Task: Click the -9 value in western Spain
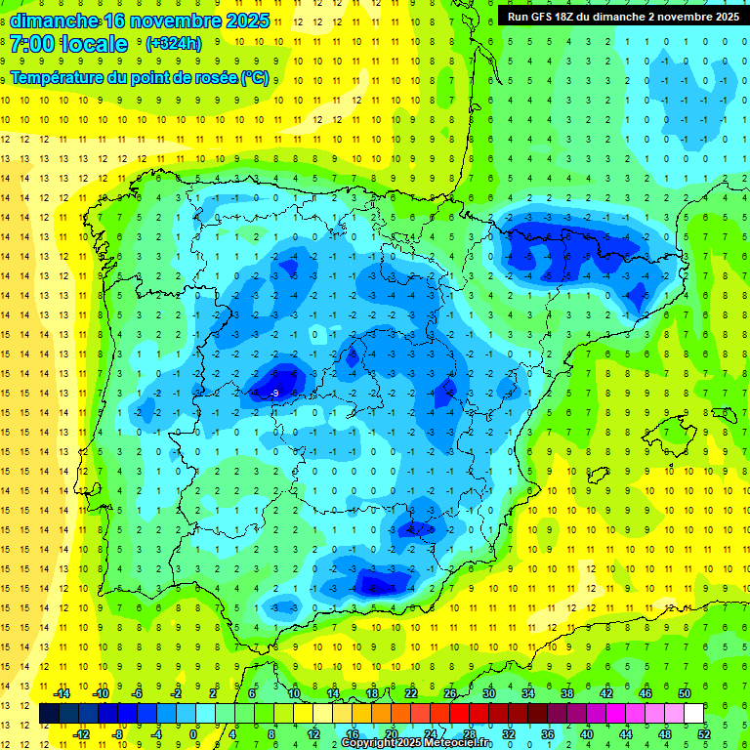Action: coord(275,394)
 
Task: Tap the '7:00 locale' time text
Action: coord(68,44)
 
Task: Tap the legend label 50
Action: coord(684,693)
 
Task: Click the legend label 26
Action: coord(450,693)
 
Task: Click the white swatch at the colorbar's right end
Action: coord(694,714)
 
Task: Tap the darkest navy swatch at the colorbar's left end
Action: coord(49,714)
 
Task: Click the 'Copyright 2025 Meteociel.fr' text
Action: coord(416,743)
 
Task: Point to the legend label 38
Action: coord(567,693)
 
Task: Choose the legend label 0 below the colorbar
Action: coord(193,733)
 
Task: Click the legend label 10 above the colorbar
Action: coord(293,693)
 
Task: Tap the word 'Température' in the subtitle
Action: coord(57,77)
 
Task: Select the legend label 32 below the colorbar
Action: coord(509,733)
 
